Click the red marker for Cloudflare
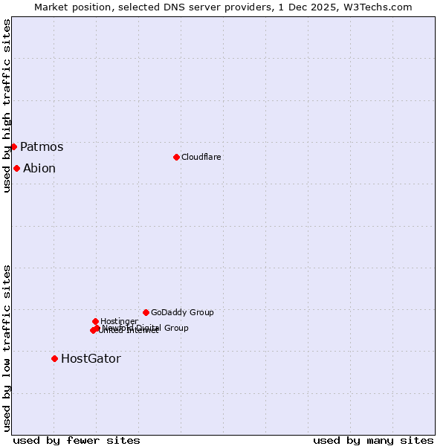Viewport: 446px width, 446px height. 176,157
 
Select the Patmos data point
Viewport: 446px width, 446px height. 13,146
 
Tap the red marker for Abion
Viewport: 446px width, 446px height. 16,168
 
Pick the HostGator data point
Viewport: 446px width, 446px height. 54,358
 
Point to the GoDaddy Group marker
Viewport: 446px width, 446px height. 146,312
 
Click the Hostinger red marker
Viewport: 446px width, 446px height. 95,321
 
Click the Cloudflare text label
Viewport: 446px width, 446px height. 201,157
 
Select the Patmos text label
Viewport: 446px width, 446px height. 42,146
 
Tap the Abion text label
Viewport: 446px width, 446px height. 39,168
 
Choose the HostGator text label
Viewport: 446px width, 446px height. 91,358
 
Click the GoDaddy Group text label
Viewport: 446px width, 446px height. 182,312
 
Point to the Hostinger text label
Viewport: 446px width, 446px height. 119,321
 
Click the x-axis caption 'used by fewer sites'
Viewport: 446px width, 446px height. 77,440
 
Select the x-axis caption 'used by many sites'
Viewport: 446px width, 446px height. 373,440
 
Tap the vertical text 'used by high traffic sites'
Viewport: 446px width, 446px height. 7,106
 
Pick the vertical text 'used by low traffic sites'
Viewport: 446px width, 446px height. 7,347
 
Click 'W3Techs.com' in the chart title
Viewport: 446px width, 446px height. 381,7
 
